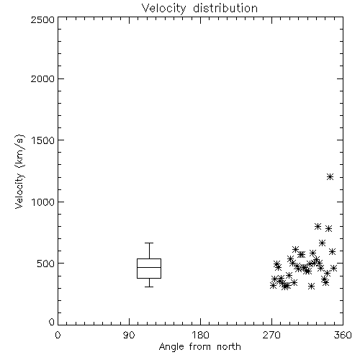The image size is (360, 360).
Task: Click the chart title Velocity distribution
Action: [x=199, y=8]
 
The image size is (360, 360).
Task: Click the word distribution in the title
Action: [x=225, y=8]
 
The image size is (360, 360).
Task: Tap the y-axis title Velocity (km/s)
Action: [x=19, y=171]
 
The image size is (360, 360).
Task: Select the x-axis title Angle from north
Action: [x=199, y=347]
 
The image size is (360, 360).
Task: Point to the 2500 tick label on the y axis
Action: [x=43, y=19]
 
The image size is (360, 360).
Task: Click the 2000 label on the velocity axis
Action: [x=43, y=78]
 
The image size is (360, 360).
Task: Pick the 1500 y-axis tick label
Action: [x=43, y=140]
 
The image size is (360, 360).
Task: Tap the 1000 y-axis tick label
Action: [x=43, y=202]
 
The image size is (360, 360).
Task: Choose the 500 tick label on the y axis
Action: [x=46, y=264]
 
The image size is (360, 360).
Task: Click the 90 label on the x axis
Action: [x=129, y=335]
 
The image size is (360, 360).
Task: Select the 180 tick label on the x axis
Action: [x=200, y=335]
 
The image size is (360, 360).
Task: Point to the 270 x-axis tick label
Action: [x=271, y=335]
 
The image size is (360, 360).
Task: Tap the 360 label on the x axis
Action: [x=343, y=335]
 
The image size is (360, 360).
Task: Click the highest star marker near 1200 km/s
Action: [x=330, y=177]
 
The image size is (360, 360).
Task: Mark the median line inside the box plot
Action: [x=149, y=267]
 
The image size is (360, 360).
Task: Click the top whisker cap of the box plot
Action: [x=149, y=243]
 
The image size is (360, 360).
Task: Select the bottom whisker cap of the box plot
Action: [x=149, y=287]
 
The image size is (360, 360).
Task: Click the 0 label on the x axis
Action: [x=58, y=335]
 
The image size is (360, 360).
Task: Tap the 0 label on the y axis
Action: [x=52, y=322]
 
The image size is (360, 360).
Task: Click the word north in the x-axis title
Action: [x=229, y=347]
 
